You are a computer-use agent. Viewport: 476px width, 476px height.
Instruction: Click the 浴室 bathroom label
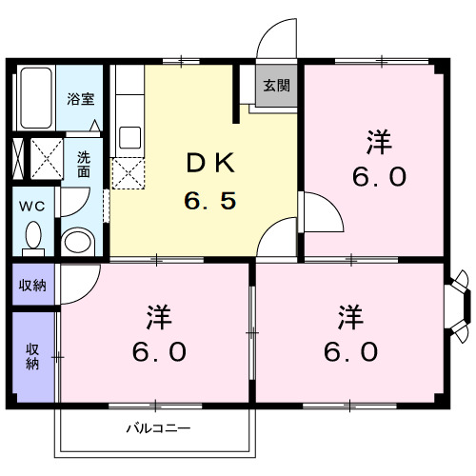point(79,98)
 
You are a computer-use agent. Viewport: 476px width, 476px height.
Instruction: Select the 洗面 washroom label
point(84,164)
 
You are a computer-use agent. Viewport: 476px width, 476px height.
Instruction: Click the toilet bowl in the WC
point(33,235)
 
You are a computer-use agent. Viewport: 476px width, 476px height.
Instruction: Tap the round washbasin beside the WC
point(75,239)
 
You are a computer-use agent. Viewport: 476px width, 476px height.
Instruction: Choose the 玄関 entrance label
point(277,86)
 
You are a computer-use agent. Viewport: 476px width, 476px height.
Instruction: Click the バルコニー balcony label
point(159,427)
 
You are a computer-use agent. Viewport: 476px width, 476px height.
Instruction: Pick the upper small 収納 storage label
point(32,284)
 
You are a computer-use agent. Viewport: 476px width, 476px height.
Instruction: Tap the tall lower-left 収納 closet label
point(32,355)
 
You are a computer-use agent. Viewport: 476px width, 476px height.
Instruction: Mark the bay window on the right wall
point(459,305)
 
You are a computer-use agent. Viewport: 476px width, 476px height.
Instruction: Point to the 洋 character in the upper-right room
point(380,143)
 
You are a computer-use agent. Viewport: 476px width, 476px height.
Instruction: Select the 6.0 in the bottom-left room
point(157,350)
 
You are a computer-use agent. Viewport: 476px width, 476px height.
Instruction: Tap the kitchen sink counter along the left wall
point(128,109)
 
